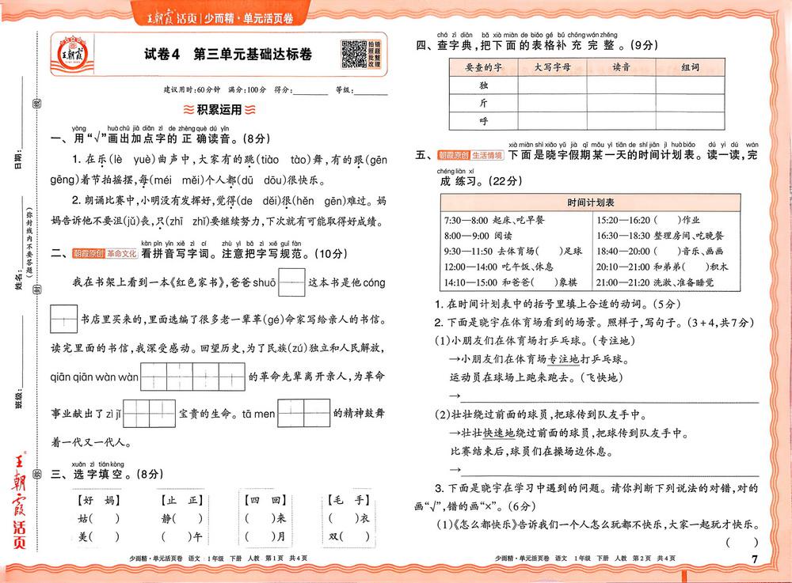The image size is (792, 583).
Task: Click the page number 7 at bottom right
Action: pos(754,560)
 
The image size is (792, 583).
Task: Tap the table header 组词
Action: pos(690,67)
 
